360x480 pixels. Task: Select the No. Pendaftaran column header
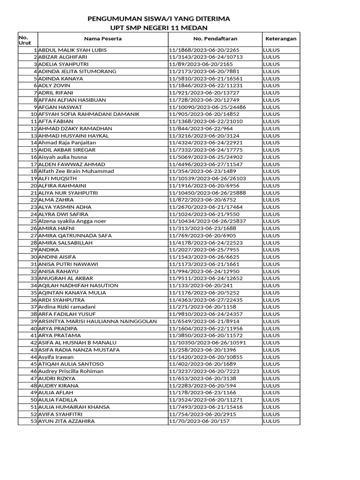(x=215, y=39)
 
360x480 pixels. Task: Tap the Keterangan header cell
(x=281, y=39)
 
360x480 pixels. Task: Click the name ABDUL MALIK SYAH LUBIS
(x=72, y=50)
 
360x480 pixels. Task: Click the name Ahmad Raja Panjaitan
(x=67, y=142)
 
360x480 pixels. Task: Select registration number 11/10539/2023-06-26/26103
(x=207, y=179)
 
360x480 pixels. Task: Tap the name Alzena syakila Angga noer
(x=72, y=221)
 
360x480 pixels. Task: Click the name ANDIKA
(x=49, y=250)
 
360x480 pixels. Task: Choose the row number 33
(x=34, y=278)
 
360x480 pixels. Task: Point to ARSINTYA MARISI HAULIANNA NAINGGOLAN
(x=97, y=321)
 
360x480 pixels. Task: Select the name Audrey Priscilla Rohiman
(x=71, y=371)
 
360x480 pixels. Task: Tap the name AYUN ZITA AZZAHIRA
(x=66, y=421)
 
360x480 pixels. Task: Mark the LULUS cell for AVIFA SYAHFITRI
(x=271, y=414)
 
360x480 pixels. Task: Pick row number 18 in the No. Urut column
(x=34, y=171)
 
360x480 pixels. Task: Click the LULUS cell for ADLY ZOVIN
(x=271, y=85)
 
